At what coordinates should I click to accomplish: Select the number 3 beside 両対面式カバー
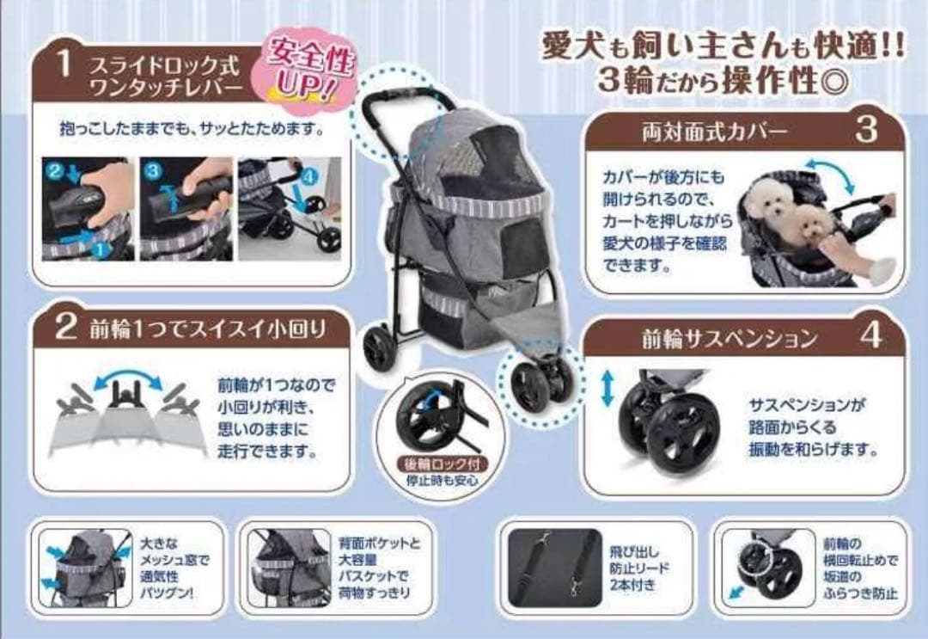pos(867,130)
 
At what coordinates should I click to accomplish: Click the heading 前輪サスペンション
pos(729,338)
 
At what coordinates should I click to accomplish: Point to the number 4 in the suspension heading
pos(870,336)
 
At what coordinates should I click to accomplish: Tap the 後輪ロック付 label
pos(445,464)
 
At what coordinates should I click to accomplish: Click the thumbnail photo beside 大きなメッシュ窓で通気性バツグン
pos(86,567)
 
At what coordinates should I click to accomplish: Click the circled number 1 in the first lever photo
pos(101,250)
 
